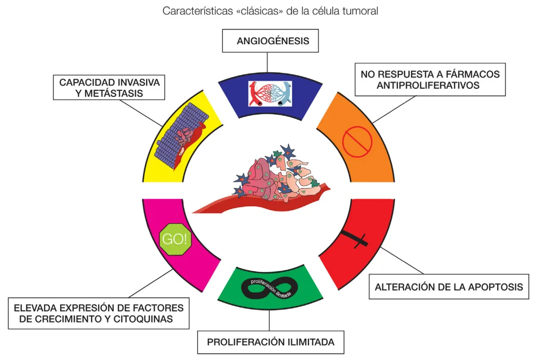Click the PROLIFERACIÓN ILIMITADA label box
(270, 342)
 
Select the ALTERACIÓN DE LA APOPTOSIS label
(449, 288)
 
